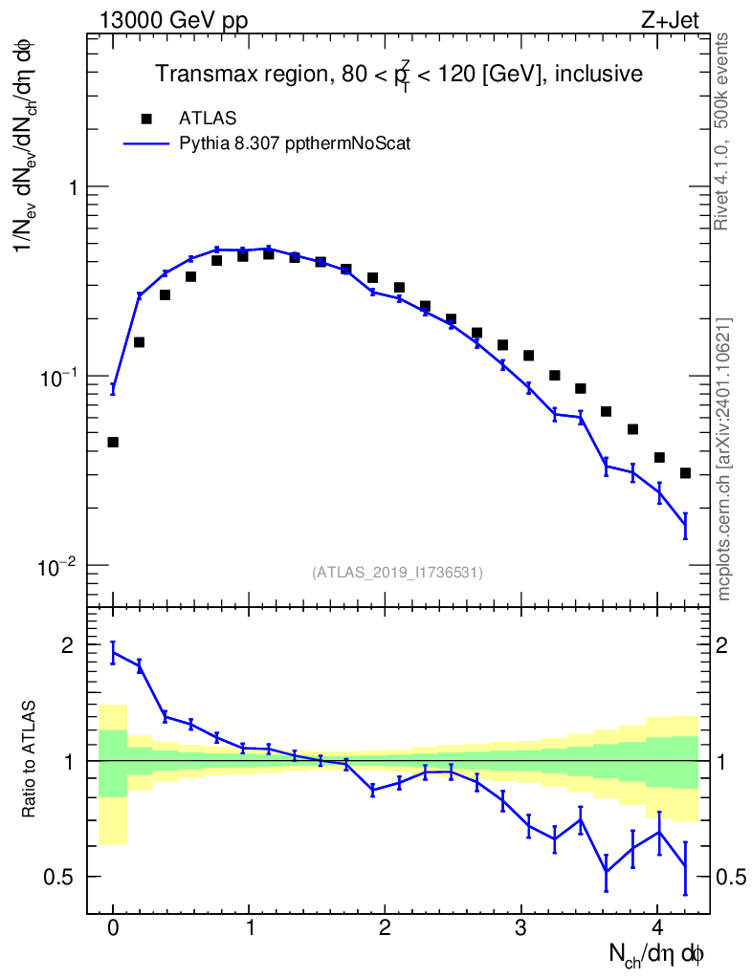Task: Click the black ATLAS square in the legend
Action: [146, 119]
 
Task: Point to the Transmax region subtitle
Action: [399, 74]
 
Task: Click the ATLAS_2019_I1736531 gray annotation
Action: [397, 573]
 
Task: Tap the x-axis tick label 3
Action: [520, 928]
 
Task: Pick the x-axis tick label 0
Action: [113, 928]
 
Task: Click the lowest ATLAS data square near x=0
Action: [113, 442]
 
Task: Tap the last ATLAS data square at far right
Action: [685, 473]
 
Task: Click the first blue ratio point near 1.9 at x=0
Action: [113, 654]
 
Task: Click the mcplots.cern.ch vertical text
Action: [724, 459]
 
